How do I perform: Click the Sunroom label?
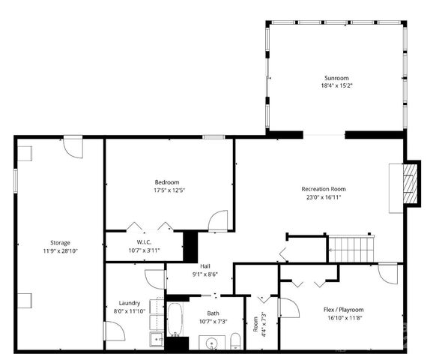(x=336, y=78)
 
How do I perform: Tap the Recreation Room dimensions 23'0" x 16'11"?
(x=323, y=198)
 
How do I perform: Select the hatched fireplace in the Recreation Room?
(x=410, y=181)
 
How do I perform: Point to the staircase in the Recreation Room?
(x=351, y=247)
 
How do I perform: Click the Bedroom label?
(x=167, y=182)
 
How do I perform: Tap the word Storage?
(x=60, y=242)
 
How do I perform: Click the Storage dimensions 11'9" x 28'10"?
(x=60, y=251)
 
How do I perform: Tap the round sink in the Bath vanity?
(x=212, y=344)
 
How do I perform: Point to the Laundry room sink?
(x=157, y=340)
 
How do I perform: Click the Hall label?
(x=205, y=266)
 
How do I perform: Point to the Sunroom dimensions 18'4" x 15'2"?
(x=336, y=86)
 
